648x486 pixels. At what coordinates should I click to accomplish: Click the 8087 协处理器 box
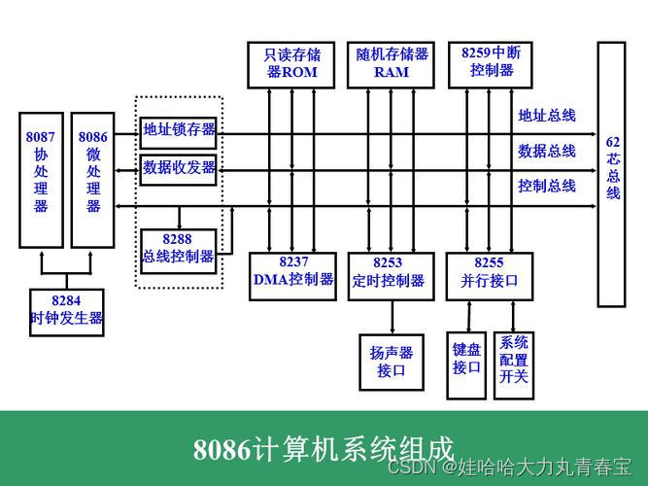(41, 179)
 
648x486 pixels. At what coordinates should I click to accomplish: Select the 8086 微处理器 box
(93, 179)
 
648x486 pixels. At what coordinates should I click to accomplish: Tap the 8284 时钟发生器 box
(66, 310)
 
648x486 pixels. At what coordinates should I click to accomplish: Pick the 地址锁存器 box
(179, 129)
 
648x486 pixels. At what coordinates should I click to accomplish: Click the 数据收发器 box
(179, 167)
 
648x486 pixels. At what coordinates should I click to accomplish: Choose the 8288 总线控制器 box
(179, 248)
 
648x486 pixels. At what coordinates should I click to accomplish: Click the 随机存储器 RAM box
(392, 64)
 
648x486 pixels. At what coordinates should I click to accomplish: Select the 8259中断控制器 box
(492, 64)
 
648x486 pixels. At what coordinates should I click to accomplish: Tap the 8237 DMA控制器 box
(293, 271)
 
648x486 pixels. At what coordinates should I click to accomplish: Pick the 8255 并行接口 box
(490, 271)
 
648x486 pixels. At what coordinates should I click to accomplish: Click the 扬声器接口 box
(392, 361)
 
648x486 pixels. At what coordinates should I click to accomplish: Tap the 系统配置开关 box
(514, 361)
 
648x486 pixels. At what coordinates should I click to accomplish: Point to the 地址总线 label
(547, 116)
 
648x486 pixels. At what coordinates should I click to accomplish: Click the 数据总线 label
(547, 151)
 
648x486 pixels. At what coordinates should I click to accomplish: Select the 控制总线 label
(547, 185)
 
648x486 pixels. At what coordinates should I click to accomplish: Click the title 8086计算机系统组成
(324, 450)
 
